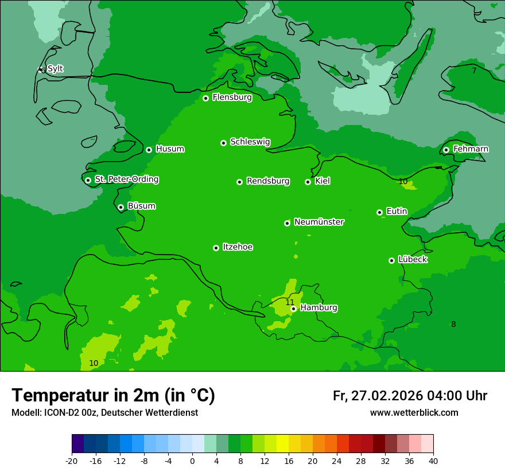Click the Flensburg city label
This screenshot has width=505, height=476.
pos(232,97)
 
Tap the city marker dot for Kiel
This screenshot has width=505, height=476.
pos(308,182)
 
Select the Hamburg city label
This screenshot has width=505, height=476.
pos(318,308)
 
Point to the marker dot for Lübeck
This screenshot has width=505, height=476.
pos(391,260)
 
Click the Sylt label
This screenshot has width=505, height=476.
pos(55,69)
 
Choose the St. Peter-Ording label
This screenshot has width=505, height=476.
pos(126,180)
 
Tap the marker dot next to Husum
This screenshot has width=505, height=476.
pos(149,150)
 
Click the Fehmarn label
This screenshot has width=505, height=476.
pos(471,149)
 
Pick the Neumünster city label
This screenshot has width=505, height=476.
pos(318,222)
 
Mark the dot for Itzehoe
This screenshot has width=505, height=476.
pos(216,248)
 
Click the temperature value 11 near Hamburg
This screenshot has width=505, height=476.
pos(290,302)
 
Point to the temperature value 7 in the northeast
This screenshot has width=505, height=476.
pos(474,71)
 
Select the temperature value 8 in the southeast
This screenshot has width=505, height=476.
pos(453,324)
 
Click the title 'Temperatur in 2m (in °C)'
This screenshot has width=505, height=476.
pos(113,395)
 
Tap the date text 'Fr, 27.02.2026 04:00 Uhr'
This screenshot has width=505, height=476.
pos(410,396)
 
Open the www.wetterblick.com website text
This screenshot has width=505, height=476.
pos(414,412)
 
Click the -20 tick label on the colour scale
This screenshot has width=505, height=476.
pos(72,461)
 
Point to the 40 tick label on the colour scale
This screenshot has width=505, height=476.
pos(433,461)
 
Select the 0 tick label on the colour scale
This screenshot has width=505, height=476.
pos(192,461)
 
